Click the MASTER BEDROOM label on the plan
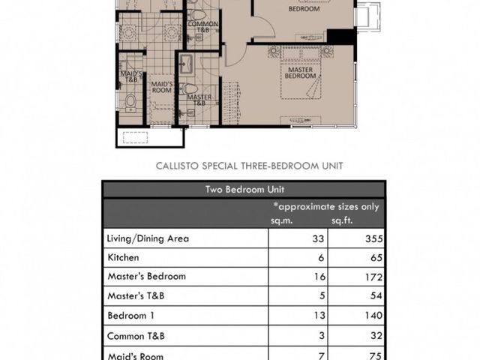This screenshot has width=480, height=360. pos(300,73)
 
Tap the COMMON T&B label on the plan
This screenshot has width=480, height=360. pos(203,27)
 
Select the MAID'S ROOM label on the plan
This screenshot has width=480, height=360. pos(162,87)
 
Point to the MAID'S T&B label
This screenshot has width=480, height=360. pos(131,76)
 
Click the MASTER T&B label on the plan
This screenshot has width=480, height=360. pos(199,100)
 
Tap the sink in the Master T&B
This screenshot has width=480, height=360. pos(186,64)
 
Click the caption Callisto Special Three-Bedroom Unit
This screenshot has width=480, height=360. pos(249,166)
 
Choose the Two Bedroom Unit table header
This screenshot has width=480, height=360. pos(244,190)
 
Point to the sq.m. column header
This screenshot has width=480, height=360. pos(281,220)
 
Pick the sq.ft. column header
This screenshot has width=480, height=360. pos(342,220)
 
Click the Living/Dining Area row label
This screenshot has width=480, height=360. pos(148,238)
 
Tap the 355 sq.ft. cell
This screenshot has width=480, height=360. pos(373,238)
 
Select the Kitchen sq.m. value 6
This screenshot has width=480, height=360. pos(321,258)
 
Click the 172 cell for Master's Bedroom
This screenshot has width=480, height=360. pos(373,277)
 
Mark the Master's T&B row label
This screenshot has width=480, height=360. pos(136,295)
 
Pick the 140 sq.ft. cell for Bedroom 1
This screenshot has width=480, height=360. pos(373,315)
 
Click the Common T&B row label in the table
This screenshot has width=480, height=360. pos(136,336)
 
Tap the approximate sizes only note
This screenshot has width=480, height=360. pos(326,207)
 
